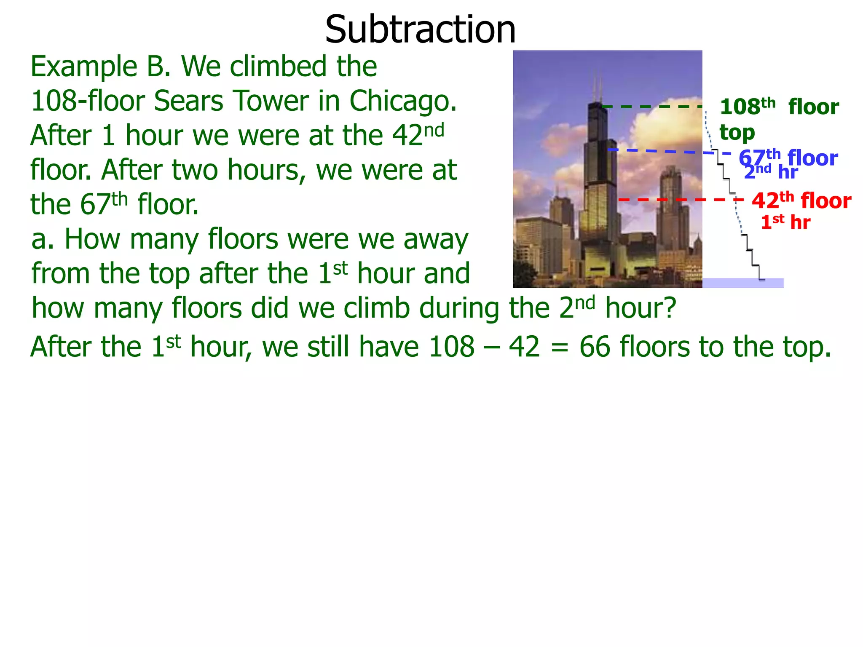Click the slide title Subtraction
[x=420, y=29]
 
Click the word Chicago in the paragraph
[x=402, y=101]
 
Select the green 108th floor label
[x=779, y=107]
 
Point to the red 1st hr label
[x=785, y=222]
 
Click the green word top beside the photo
[x=737, y=133]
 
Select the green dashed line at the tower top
[x=651, y=107]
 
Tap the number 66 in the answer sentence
[x=595, y=347]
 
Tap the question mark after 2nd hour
[x=669, y=308]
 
